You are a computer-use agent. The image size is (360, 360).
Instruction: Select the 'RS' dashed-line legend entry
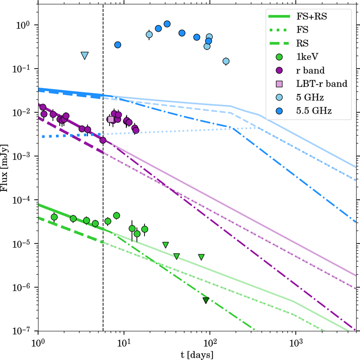tap(302, 43)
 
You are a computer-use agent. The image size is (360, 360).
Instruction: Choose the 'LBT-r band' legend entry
tap(322, 84)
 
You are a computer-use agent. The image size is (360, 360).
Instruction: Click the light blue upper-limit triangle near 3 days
tap(85, 55)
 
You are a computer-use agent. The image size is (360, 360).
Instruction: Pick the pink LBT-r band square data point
tap(111, 119)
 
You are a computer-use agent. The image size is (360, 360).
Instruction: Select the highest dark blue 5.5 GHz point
tap(167, 24)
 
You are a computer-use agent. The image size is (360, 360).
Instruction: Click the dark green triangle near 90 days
tap(206, 300)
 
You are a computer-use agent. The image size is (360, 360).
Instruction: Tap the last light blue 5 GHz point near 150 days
tap(226, 61)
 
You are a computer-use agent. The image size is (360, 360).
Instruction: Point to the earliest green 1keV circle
tap(54, 217)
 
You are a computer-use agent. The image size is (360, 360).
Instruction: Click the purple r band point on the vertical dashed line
tap(103, 140)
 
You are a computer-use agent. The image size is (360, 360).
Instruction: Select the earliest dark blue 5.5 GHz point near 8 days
tap(118, 45)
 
